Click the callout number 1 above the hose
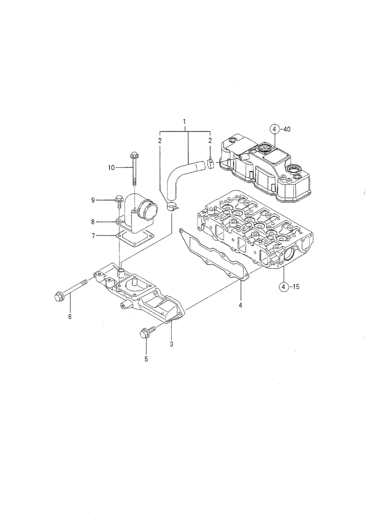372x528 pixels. tap(184, 122)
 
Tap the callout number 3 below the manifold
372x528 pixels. tap(171, 344)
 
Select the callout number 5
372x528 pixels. tap(146, 360)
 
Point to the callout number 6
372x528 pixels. tap(69, 317)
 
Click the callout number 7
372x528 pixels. tap(92, 235)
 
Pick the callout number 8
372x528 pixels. tap(92, 222)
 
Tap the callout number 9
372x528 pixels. tap(92, 200)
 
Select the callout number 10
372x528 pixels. tap(111, 167)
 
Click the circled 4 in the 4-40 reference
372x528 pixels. tap(274, 128)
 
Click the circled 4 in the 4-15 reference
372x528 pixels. tap(284, 287)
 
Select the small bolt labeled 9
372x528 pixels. tap(118, 200)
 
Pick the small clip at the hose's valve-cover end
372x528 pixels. tap(210, 163)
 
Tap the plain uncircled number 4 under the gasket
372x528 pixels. tap(240, 305)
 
